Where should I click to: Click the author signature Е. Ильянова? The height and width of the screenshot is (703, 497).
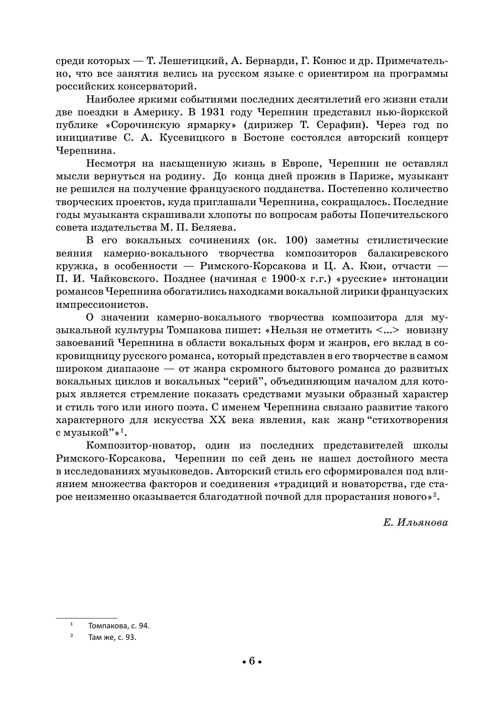pos(415,522)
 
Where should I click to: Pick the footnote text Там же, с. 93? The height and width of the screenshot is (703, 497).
pos(112,637)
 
